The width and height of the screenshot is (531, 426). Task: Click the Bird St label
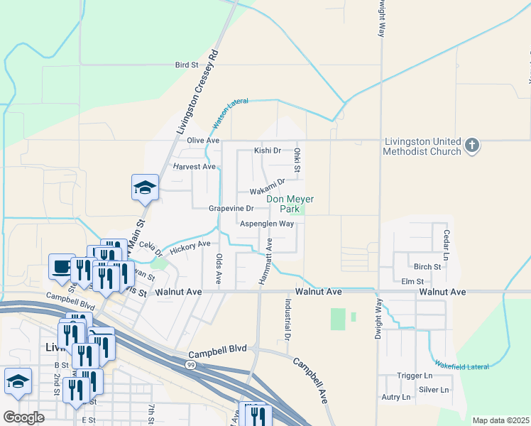tap(187, 65)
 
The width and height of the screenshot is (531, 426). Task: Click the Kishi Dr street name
tap(268, 151)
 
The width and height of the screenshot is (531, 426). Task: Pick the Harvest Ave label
tap(194, 167)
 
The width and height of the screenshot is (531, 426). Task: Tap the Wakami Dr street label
tap(267, 189)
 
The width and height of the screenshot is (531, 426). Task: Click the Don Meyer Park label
tap(290, 204)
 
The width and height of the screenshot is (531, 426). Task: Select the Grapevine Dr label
tap(231, 209)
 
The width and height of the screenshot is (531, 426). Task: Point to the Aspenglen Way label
tap(266, 224)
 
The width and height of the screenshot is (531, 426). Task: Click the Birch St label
tap(427, 267)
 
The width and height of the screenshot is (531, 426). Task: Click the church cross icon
tap(471, 146)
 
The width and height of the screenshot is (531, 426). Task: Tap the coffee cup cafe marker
tap(62, 267)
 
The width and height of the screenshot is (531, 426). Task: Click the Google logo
tap(24, 417)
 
